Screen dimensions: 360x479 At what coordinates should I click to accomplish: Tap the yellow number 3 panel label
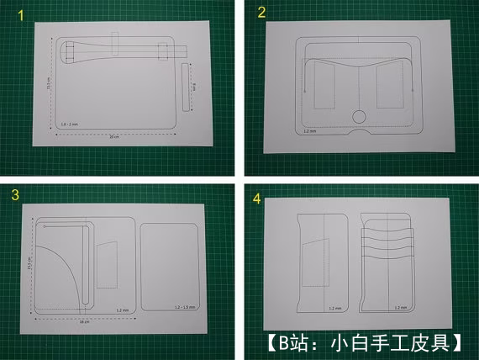(14, 195)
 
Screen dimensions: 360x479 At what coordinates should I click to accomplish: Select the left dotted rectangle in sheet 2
(326, 88)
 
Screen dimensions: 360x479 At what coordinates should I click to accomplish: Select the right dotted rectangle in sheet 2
(391, 87)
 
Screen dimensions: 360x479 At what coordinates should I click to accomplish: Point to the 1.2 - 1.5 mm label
(178, 310)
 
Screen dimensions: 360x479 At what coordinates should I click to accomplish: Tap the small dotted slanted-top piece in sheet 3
(108, 264)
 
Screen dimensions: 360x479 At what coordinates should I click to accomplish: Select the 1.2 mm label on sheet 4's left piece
(334, 309)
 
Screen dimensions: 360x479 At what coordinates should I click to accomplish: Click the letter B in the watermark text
(282, 342)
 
